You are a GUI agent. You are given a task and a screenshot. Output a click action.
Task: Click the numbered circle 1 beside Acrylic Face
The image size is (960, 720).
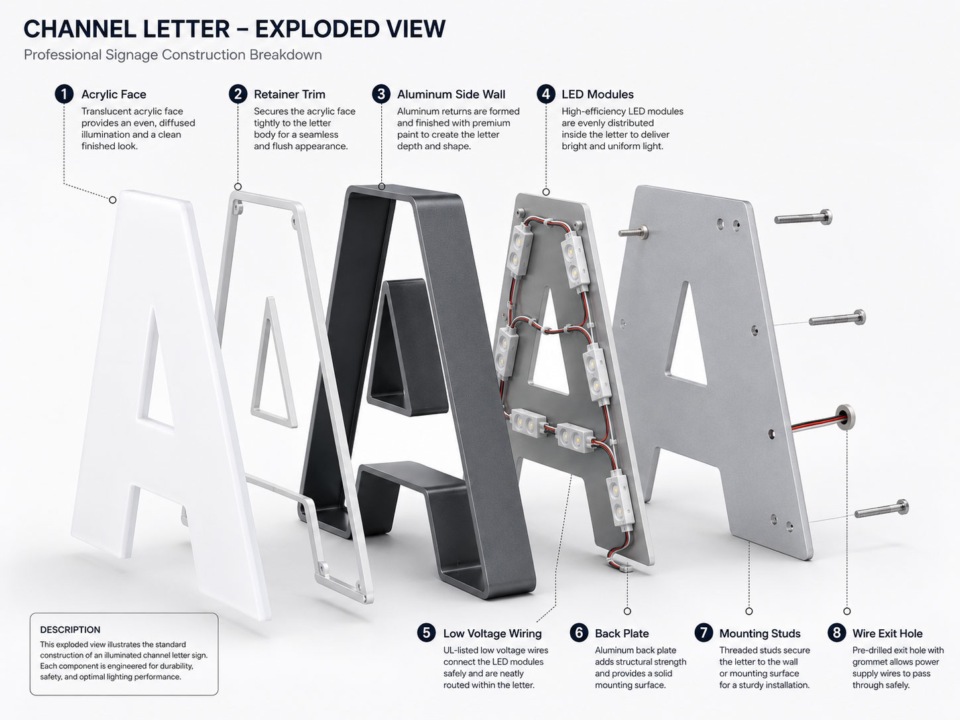64,94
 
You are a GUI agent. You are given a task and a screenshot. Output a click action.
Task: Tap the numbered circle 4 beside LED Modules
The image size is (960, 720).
546,94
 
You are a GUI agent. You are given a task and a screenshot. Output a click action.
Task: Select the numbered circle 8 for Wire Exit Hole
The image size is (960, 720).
837,633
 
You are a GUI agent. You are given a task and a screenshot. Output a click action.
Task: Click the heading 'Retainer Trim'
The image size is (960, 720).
290,94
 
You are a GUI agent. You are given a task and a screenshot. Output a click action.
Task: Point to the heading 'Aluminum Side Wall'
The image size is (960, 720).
451,94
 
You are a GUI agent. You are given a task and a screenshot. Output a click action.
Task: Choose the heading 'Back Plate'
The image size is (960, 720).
621,633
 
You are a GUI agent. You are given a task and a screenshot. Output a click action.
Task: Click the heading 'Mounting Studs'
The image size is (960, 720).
760,633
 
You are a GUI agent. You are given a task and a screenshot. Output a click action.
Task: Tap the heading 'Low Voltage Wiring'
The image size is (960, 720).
492,633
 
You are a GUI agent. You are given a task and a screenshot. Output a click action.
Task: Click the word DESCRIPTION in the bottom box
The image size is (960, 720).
70,630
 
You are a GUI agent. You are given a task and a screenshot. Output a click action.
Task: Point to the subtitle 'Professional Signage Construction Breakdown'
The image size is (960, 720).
173,55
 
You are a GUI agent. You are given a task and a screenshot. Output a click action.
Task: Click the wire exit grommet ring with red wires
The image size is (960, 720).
845,416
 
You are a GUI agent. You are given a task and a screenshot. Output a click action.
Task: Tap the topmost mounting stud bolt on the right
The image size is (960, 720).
803,217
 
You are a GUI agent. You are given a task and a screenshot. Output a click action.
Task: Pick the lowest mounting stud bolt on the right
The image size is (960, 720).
881,509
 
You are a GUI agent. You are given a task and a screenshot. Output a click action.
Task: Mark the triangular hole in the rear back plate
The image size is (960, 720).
687,335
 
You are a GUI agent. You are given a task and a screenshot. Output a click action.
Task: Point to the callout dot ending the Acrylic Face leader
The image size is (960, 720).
113,200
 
